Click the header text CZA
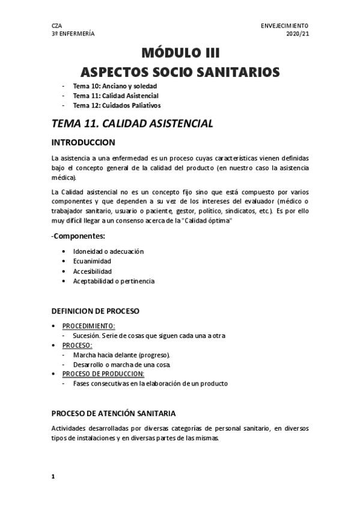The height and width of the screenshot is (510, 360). point(57,26)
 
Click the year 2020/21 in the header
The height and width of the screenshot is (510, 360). point(297,34)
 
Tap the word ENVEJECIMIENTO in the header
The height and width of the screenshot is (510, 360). point(284,26)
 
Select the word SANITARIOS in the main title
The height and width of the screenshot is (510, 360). point(235,72)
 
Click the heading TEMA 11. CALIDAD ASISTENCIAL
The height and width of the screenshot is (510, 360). point(132,124)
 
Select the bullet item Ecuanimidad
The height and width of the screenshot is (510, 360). point(92,261)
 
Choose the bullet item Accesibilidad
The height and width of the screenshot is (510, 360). point(93,271)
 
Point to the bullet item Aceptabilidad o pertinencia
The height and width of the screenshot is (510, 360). point(114,281)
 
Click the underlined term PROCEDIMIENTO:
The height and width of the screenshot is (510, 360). point(88,325)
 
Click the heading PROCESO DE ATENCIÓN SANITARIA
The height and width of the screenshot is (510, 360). point(114,413)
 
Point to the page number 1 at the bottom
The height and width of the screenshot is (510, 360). point(53,476)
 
